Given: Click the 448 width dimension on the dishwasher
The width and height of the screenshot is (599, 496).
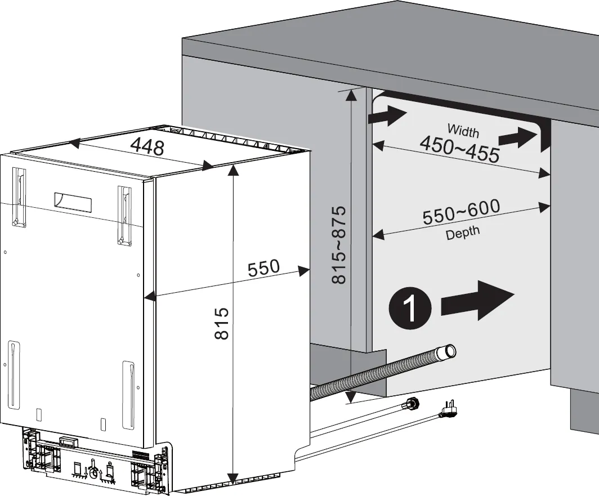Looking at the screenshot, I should pos(147,147).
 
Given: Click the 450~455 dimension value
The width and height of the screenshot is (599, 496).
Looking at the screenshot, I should pos(459,149).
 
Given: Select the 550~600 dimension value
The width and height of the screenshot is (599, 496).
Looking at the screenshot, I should pos(461,212).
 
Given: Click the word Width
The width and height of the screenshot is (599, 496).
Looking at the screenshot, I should pos(463,131).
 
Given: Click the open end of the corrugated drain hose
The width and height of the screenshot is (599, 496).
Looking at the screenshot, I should pos(450,351).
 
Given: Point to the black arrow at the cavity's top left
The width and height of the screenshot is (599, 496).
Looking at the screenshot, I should pos(387,116).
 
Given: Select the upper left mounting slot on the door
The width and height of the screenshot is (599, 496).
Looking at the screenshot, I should pos(20,197).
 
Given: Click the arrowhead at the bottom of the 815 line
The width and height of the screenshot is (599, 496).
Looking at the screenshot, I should pos(232,472).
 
